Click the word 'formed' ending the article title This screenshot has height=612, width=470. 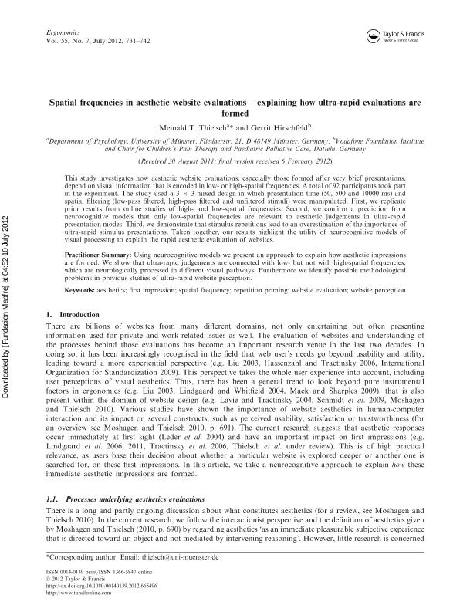coord(235,111)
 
